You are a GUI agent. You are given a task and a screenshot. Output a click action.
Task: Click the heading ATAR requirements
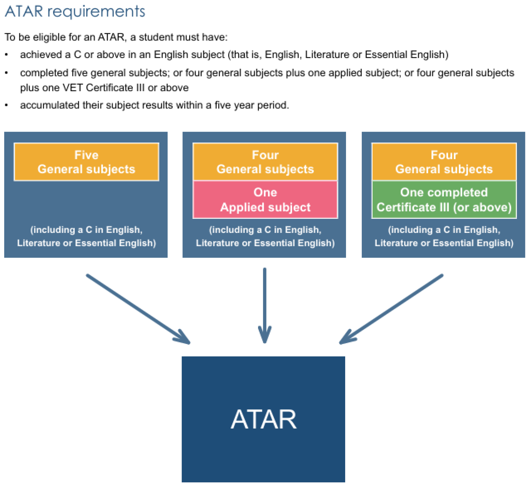pos(75,12)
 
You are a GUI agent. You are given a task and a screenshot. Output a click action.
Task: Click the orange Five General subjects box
pos(86,162)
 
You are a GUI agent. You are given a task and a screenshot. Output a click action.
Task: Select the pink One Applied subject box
pos(265,200)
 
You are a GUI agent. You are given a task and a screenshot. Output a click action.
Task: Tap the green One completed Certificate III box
pos(444,200)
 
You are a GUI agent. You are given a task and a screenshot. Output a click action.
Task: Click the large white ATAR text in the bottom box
pos(263,419)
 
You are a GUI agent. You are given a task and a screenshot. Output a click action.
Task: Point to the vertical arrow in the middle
pos(265,304)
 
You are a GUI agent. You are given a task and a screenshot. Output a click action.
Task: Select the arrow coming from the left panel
pos(138,309)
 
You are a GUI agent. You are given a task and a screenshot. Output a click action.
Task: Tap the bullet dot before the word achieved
pos(6,55)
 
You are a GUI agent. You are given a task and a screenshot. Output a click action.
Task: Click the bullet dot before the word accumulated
pos(6,105)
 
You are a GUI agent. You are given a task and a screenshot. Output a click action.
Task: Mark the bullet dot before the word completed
pos(6,73)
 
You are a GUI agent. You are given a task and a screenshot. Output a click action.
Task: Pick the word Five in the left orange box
pos(86,155)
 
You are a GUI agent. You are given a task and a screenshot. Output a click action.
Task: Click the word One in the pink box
pos(265,192)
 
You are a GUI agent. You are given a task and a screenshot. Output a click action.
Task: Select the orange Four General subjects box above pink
pos(265,162)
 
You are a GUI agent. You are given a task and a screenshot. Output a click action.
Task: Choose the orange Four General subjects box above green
pos(444,162)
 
